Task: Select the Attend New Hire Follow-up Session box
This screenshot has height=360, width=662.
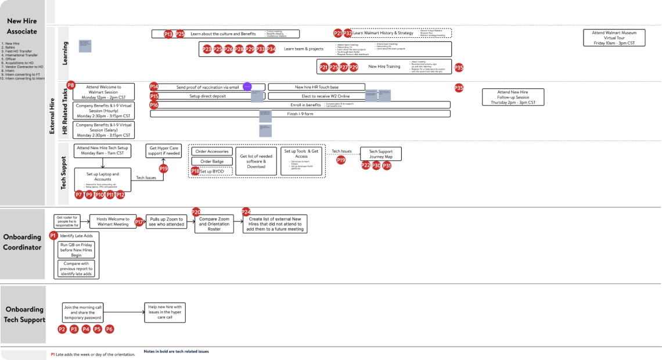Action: (x=513, y=97)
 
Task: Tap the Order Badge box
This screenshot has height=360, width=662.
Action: (x=211, y=161)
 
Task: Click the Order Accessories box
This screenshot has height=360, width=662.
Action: (x=211, y=152)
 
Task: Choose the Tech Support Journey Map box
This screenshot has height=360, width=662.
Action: (x=380, y=154)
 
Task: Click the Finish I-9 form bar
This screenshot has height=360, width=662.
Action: (x=300, y=114)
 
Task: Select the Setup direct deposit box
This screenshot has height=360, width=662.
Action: (x=207, y=96)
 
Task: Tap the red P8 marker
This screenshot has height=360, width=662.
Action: (x=71, y=85)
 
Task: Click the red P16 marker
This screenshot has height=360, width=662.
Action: (x=154, y=105)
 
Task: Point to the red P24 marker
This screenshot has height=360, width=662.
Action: (x=246, y=212)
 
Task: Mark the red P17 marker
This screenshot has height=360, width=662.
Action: (x=139, y=222)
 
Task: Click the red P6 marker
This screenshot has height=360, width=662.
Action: (x=109, y=329)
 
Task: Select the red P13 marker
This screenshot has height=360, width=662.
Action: (x=168, y=34)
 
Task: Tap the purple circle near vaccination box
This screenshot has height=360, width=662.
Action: (x=247, y=87)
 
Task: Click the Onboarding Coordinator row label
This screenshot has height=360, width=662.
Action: (x=22, y=242)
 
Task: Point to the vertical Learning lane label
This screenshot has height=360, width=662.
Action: (x=64, y=53)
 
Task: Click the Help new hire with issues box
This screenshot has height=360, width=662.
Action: (x=165, y=311)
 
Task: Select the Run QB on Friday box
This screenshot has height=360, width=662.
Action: (x=75, y=249)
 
